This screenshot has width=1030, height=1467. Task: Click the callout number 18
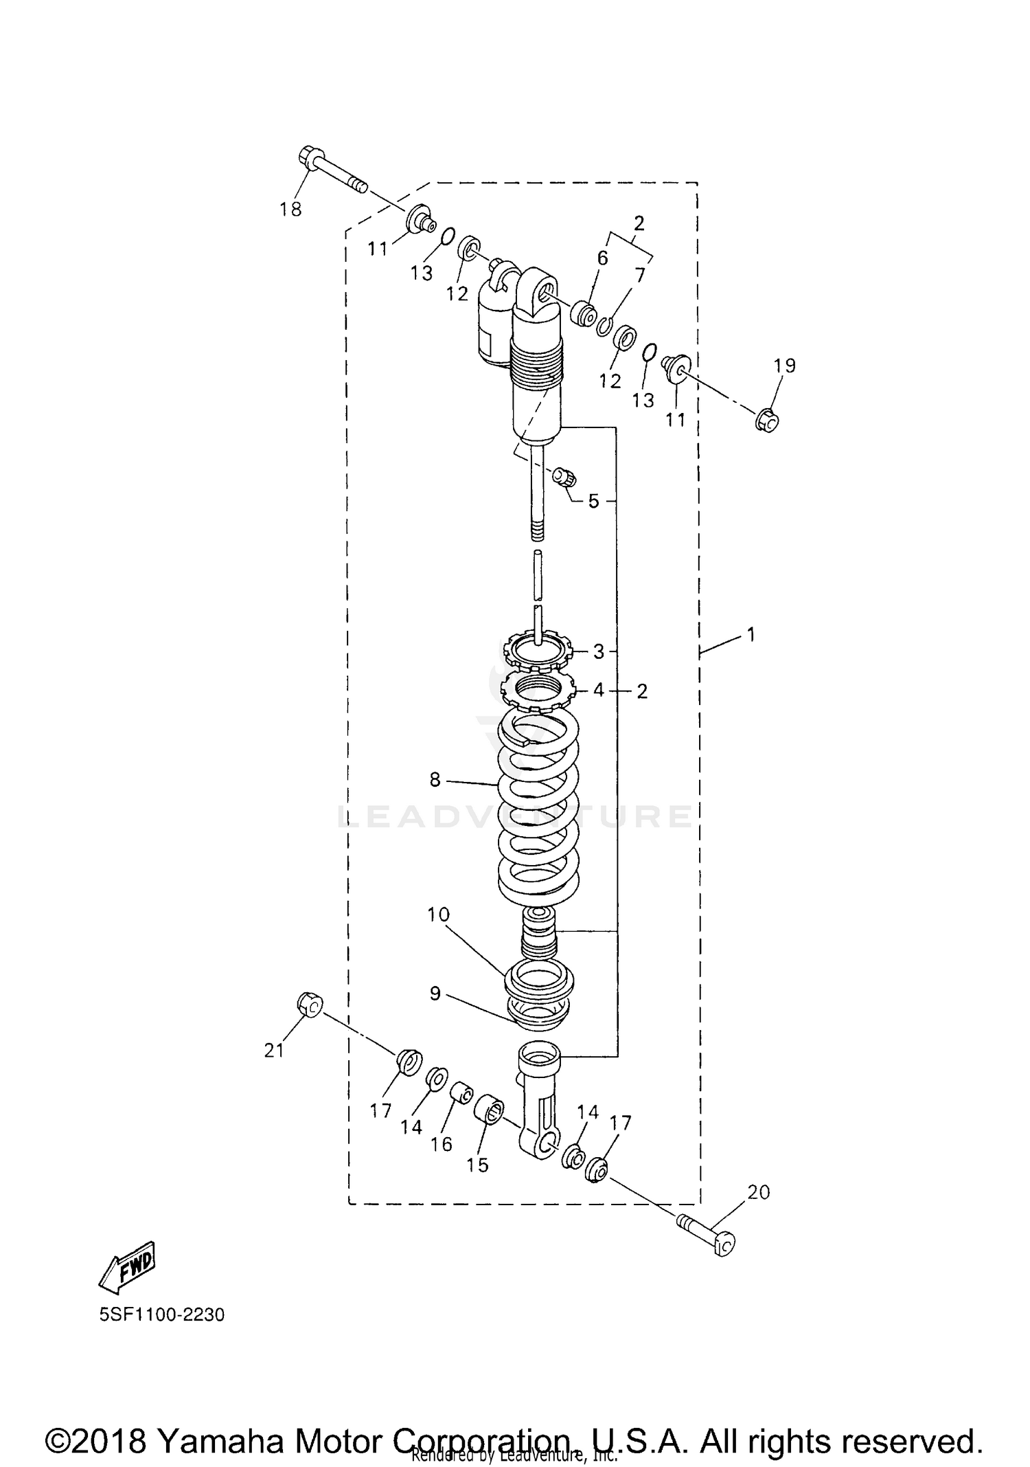(x=290, y=210)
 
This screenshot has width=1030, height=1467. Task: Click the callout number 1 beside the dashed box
(x=751, y=634)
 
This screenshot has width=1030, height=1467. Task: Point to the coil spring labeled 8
(x=538, y=811)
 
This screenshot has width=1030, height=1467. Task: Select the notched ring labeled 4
(x=538, y=690)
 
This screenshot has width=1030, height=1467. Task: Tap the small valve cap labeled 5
(x=565, y=476)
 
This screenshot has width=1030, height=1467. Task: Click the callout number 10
(x=438, y=915)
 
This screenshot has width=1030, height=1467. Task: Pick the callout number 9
(x=435, y=994)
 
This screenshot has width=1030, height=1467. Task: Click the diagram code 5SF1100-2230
(x=161, y=1315)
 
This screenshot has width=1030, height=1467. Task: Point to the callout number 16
(x=442, y=1143)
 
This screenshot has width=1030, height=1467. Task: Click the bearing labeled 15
(x=489, y=1111)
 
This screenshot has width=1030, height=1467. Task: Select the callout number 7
(x=640, y=276)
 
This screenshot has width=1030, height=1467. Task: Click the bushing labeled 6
(x=584, y=315)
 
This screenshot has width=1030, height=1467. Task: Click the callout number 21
(x=274, y=1051)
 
